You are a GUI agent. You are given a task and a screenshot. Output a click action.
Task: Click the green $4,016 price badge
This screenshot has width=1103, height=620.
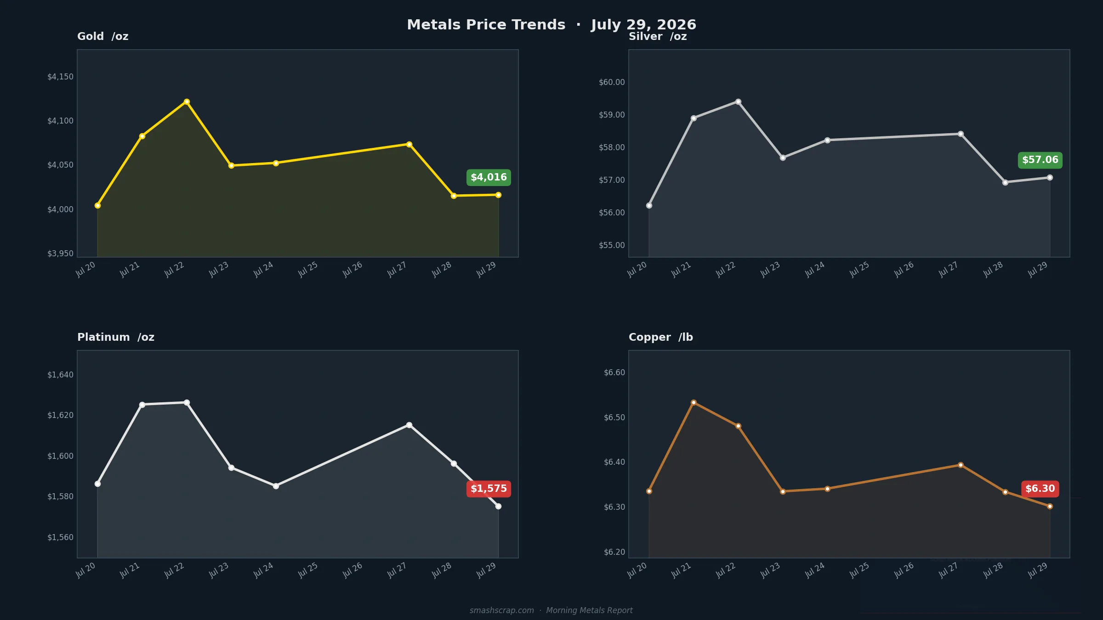(489, 177)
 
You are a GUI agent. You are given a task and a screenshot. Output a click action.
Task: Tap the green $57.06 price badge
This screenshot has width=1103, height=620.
(1040, 160)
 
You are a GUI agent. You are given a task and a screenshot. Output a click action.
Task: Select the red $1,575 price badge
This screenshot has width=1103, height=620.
(489, 489)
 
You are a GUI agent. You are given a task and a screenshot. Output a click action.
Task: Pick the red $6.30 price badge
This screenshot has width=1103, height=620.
(1040, 489)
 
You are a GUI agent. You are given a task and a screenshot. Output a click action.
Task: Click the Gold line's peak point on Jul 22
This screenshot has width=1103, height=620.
(187, 101)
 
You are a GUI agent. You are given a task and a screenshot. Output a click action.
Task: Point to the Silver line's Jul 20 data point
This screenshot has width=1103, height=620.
(649, 205)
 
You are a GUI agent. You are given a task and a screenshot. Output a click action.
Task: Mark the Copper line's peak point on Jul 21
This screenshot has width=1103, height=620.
(694, 402)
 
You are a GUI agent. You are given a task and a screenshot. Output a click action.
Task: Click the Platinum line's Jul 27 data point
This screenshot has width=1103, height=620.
(409, 425)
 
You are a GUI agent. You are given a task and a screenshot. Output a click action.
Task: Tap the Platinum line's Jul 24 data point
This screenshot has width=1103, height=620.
(276, 486)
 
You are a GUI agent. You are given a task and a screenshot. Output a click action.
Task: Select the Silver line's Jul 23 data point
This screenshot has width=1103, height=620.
(783, 158)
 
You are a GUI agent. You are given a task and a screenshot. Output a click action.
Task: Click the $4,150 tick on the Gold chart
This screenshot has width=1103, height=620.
(60, 77)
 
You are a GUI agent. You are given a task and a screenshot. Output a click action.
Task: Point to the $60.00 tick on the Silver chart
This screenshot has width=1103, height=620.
(612, 82)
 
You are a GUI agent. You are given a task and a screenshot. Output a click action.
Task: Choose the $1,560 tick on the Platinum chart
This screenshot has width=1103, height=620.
(60, 537)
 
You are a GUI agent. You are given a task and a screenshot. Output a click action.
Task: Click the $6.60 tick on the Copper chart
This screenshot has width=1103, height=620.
(614, 372)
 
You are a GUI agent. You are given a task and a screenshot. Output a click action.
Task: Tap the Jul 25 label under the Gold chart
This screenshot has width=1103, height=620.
(307, 269)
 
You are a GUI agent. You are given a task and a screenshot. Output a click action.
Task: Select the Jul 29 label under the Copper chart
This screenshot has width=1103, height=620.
(1037, 570)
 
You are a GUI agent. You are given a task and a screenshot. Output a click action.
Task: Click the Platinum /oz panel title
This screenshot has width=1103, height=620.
(116, 337)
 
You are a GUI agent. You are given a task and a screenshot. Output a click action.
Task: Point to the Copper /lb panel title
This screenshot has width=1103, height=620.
(661, 337)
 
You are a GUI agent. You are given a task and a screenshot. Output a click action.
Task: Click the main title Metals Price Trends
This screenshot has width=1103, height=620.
(486, 24)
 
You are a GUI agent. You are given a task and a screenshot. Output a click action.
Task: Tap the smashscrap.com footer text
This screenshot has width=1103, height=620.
(502, 610)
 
